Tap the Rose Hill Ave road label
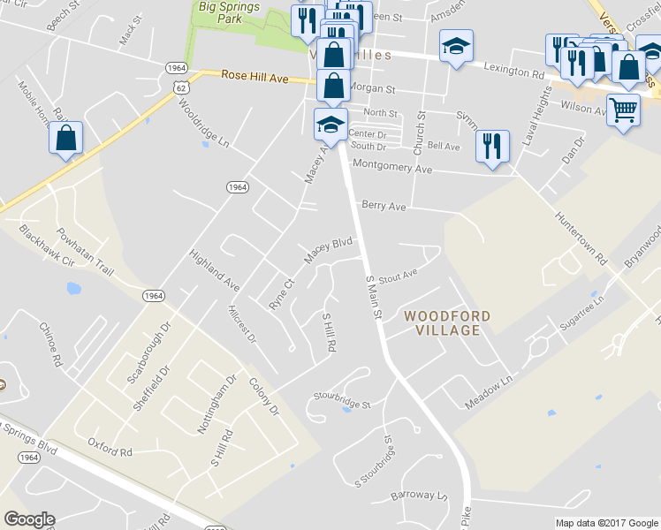coord(255,78)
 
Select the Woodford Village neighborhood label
coord(443,322)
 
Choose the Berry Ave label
coord(384,206)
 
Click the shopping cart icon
coord(624,110)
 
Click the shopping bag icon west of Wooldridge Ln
coord(66,138)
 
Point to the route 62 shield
coord(180,87)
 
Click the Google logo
coord(29,519)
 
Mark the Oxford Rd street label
coord(110,450)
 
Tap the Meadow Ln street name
coord(489,394)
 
